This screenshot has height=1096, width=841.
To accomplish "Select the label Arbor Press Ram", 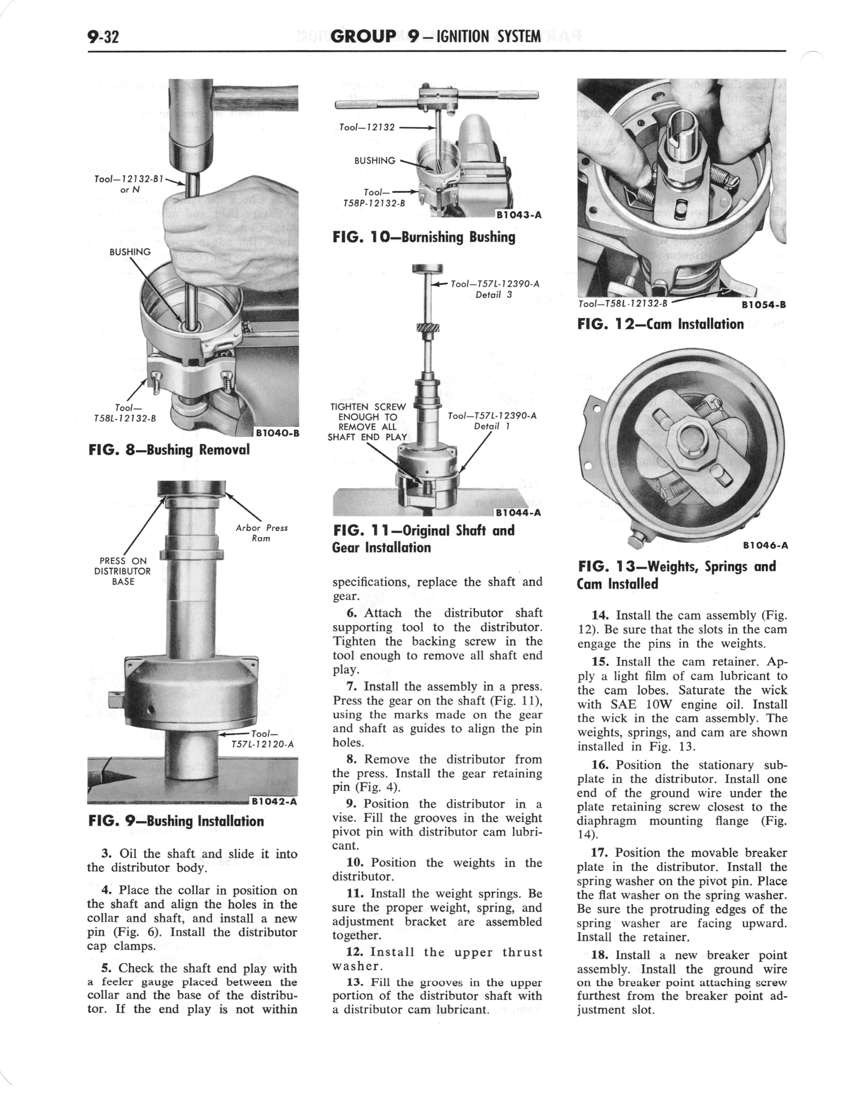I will pos(262,533).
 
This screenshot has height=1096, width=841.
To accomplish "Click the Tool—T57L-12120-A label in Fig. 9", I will pos(261,739).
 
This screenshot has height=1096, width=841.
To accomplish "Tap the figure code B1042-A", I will pos(274,801).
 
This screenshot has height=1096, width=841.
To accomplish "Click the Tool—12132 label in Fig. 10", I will pos(367,127).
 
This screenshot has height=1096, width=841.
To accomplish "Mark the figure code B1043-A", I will pos(519,216).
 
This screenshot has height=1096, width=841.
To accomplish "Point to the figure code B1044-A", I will pos(519,513).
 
